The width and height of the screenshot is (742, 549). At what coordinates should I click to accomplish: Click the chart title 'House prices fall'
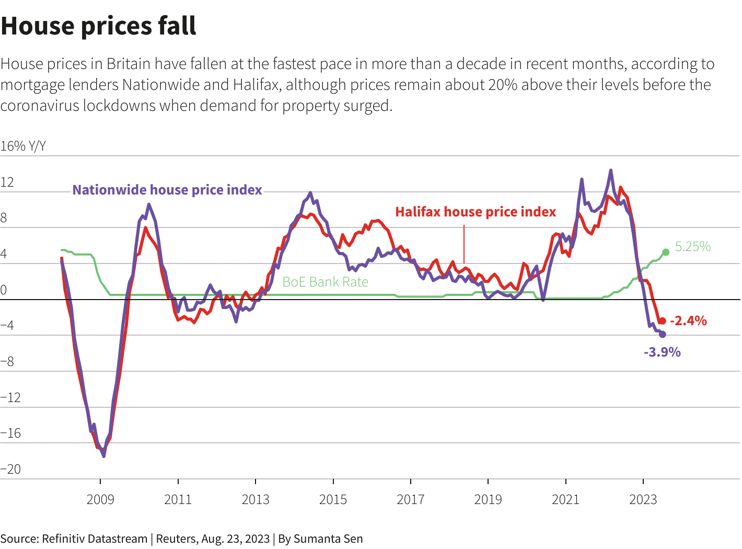point(98,26)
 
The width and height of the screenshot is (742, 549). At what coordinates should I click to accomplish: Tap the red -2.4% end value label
point(688,321)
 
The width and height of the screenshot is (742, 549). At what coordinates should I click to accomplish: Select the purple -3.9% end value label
point(662,352)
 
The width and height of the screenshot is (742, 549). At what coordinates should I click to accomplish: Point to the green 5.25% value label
point(693,246)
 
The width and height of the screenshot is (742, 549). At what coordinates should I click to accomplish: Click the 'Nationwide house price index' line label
point(167,190)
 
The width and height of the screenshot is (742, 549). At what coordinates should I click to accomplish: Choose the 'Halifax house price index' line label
point(476,212)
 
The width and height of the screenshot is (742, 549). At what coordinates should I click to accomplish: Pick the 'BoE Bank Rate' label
point(325,282)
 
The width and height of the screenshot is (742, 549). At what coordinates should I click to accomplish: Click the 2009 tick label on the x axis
point(100,499)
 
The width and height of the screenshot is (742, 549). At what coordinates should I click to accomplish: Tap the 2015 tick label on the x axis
point(333,499)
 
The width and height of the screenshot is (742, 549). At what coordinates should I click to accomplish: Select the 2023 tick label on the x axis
point(643,499)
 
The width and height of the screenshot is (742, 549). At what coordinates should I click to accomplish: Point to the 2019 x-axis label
point(488,499)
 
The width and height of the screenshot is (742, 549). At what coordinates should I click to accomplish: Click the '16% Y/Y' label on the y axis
point(23,146)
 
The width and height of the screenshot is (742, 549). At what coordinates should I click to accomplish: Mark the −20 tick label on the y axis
point(11,469)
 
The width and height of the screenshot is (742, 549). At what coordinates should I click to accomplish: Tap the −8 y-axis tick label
point(8,361)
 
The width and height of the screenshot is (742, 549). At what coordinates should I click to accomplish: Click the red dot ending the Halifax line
point(662,321)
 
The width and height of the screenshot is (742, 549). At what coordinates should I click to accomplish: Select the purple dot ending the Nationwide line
point(663,334)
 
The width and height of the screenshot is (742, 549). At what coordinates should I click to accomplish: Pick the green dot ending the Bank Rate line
point(666,253)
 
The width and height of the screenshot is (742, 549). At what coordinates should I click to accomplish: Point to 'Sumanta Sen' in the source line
point(328,539)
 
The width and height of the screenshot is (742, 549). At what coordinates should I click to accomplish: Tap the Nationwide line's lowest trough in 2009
point(103,456)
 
